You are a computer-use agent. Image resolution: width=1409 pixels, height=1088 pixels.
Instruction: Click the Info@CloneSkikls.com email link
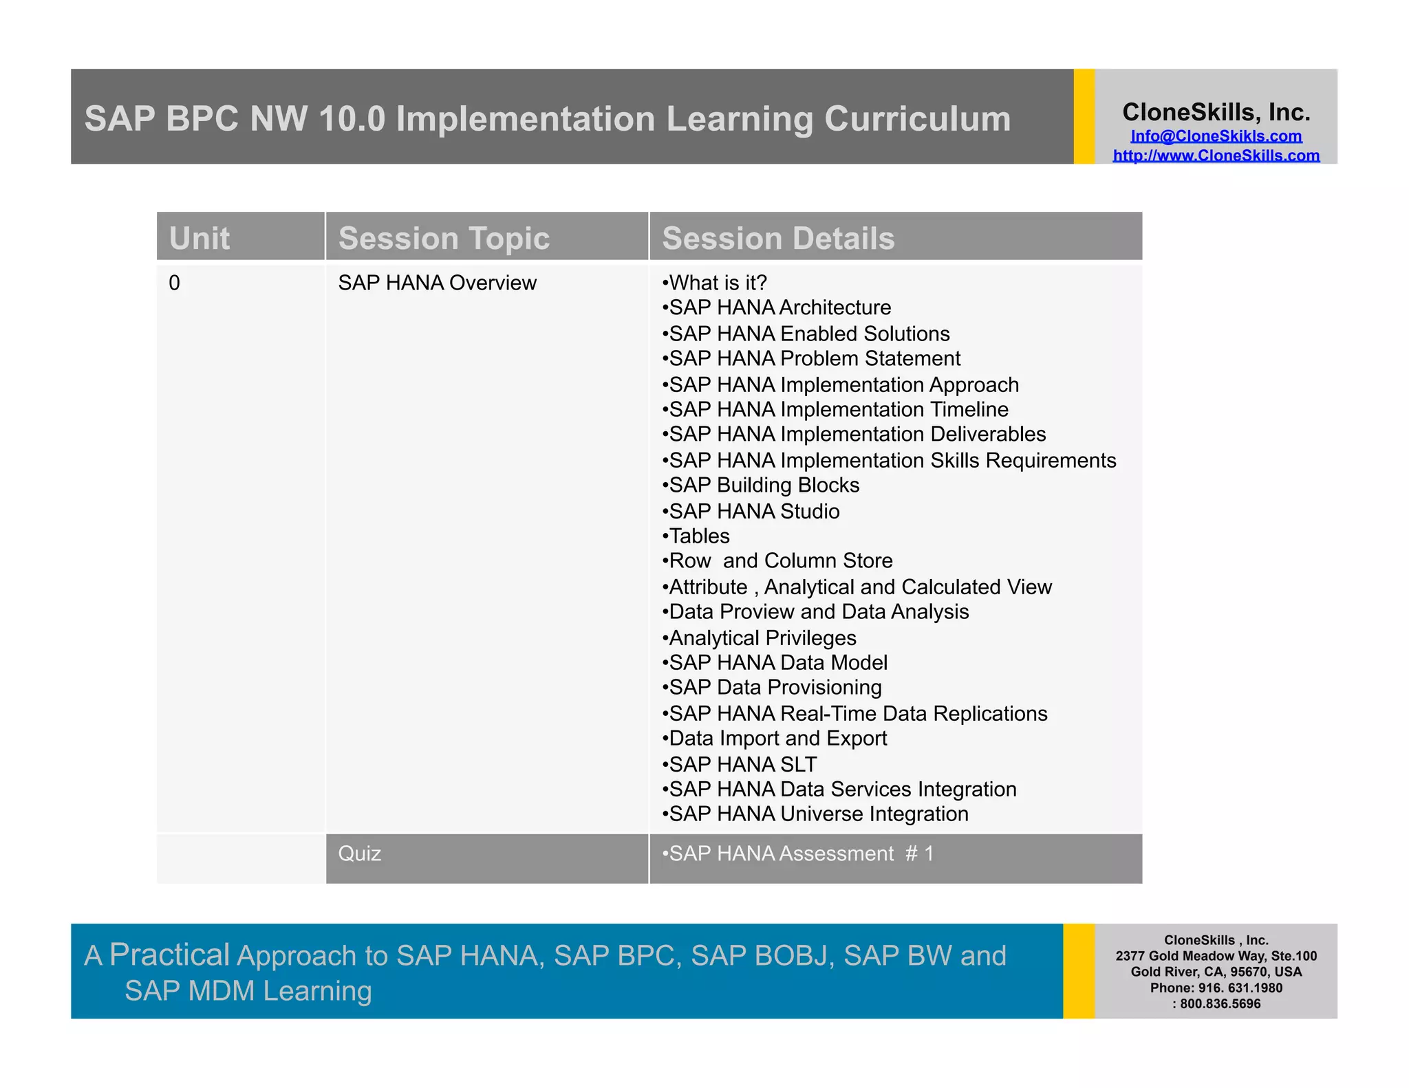[1216, 136]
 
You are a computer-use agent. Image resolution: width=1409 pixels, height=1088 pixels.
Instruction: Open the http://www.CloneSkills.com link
[1216, 155]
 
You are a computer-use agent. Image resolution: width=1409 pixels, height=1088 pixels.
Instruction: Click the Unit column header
[200, 239]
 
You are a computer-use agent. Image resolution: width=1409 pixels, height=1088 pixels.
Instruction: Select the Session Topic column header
[444, 239]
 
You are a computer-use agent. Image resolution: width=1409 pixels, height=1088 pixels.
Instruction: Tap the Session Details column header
[778, 239]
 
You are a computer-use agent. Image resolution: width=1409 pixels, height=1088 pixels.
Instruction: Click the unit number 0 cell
[175, 283]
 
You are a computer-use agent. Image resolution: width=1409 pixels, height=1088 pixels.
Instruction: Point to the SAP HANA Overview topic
[437, 283]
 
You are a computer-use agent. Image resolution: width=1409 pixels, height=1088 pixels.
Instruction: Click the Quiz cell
[359, 853]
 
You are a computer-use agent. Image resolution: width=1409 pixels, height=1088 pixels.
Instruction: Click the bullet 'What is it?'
[716, 283]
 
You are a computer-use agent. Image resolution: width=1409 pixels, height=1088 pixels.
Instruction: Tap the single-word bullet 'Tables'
[698, 536]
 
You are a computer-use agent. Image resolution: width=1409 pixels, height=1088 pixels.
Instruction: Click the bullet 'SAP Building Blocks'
[762, 485]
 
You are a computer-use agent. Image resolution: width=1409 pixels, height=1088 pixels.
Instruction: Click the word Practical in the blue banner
[169, 955]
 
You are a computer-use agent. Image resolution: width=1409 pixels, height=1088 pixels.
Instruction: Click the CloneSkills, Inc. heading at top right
[1216, 112]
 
